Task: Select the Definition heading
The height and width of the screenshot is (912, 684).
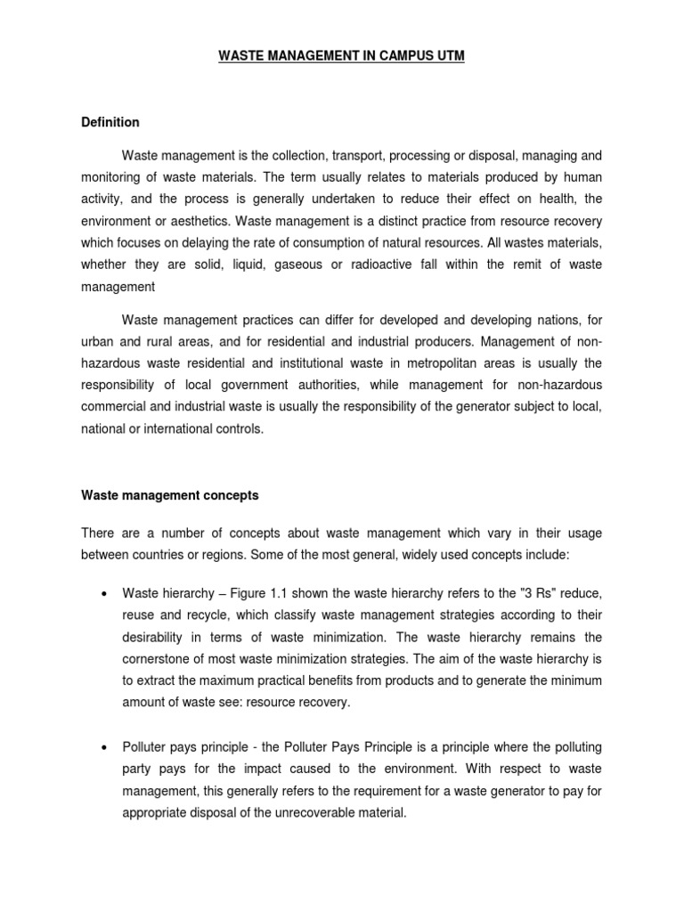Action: (110, 122)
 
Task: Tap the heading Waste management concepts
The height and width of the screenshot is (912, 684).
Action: (169, 493)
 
